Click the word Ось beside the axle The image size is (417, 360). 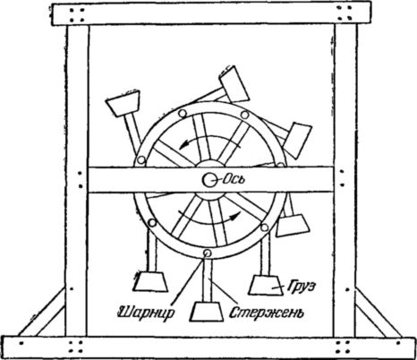[234, 179]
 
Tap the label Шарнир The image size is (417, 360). [146, 313]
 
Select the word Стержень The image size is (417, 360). [267, 313]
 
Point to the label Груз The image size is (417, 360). [302, 287]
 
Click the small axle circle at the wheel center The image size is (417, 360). [208, 179]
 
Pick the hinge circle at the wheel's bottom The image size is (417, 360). [207, 253]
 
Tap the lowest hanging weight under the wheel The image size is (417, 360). [207, 312]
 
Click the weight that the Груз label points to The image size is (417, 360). [267, 285]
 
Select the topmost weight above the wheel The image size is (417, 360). [234, 83]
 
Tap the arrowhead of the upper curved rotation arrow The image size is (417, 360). [184, 145]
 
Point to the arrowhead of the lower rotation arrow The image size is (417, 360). [235, 215]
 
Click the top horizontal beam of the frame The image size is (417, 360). [211, 13]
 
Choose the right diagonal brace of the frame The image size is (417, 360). [378, 312]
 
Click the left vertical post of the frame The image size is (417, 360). [77, 181]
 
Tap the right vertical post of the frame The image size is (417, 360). [345, 181]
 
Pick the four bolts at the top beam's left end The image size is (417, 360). [77, 15]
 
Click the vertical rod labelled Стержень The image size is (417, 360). [207, 280]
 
